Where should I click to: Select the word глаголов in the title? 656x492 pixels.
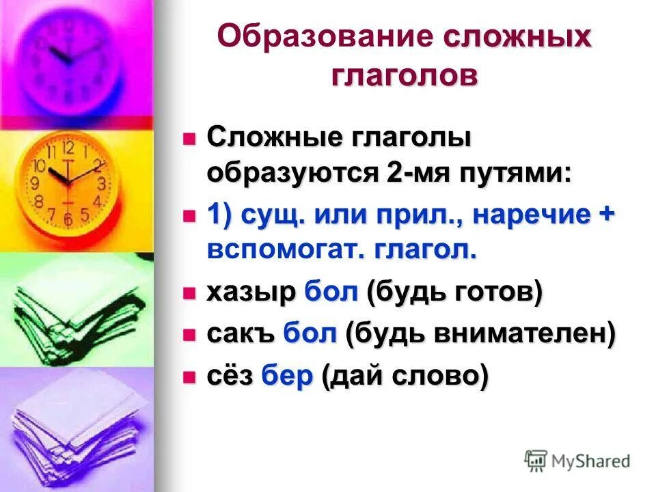click(405, 74)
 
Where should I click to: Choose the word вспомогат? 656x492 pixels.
click(282, 250)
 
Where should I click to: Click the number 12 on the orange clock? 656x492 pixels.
click(68, 148)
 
